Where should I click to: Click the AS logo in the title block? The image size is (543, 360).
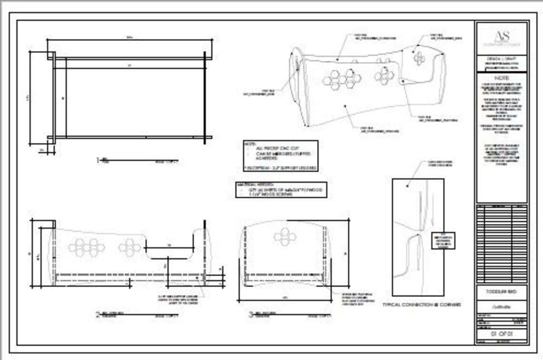click(502, 37)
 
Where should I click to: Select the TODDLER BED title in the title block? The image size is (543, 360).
click(502, 291)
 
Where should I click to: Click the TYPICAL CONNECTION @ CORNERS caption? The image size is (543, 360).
click(422, 304)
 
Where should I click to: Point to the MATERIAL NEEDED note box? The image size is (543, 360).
click(281, 190)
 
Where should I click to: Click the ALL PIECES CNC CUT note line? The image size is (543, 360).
click(276, 149)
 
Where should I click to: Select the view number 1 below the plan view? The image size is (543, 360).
click(99, 160)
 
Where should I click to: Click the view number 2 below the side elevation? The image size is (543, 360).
click(98, 314)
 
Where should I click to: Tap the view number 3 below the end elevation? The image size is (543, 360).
click(251, 314)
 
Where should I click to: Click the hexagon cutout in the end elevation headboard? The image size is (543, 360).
click(284, 237)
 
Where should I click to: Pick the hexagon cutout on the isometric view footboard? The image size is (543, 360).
click(419, 59)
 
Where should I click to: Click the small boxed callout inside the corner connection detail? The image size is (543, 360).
click(442, 240)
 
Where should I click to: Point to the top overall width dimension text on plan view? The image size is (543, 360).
click(130, 37)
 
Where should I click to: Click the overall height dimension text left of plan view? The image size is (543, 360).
click(28, 98)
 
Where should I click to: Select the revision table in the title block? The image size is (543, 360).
click(502, 243)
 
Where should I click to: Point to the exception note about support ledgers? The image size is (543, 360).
click(281, 168)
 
